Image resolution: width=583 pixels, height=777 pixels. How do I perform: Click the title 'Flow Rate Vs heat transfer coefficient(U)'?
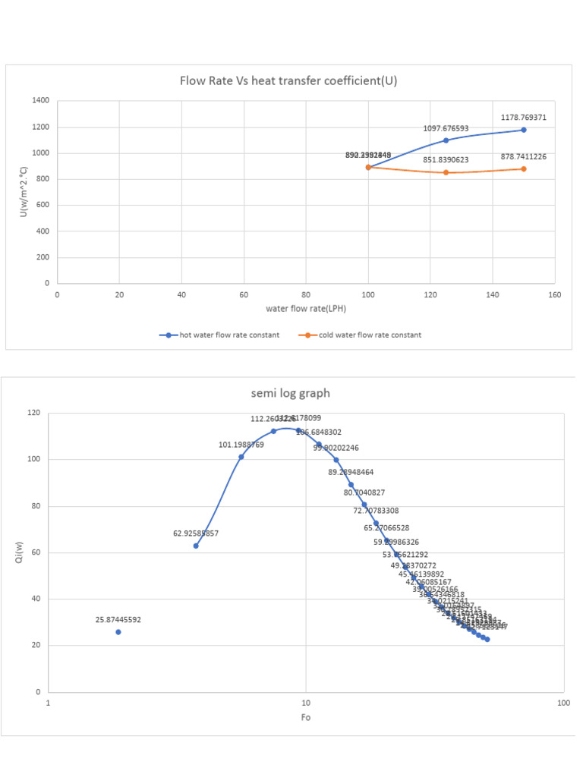(x=288, y=81)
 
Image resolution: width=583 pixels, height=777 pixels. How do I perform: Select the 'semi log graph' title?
(x=291, y=393)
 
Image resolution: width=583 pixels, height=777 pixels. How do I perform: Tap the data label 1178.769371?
(x=524, y=118)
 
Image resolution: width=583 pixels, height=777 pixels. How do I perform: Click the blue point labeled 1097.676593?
(x=446, y=140)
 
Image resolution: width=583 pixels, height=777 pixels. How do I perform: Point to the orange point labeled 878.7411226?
(x=524, y=168)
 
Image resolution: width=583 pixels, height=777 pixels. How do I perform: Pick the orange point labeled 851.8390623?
(x=446, y=172)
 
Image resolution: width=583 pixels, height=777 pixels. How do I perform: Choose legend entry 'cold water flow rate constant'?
(x=364, y=335)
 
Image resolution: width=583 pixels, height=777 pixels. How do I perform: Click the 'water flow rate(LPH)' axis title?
(x=305, y=309)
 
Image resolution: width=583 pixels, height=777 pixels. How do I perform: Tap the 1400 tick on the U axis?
(x=41, y=101)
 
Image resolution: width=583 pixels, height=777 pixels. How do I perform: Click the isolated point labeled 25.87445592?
(x=118, y=632)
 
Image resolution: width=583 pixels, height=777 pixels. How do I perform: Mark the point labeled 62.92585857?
(x=196, y=546)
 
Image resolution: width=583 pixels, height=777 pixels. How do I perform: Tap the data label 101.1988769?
(x=241, y=445)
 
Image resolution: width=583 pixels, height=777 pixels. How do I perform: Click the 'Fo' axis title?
(x=305, y=717)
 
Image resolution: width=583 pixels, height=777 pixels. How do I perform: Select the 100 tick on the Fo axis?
(x=563, y=703)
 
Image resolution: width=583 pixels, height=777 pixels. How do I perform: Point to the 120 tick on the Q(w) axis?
(x=33, y=413)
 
